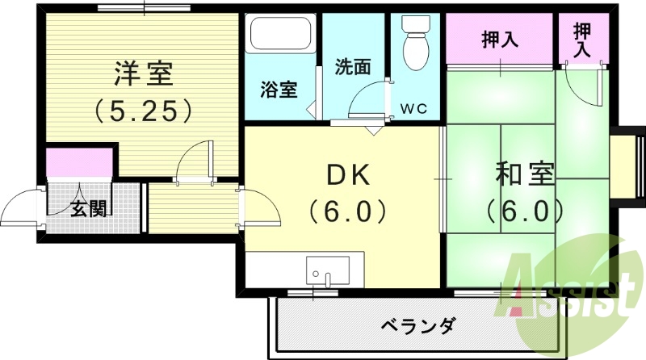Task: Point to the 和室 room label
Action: point(525,174)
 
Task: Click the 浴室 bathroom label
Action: point(278,90)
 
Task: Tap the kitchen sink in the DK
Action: point(328,270)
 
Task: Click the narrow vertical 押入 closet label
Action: point(581,40)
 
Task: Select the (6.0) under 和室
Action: point(525,211)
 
